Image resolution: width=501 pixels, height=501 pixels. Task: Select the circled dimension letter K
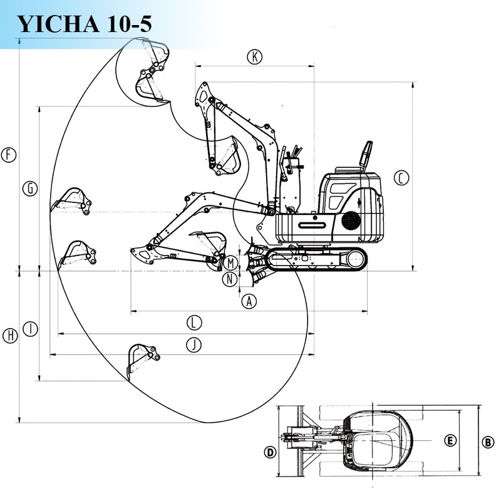[x=254, y=57]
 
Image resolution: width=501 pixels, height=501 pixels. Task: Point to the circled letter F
[x=8, y=155]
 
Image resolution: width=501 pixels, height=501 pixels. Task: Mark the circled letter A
[x=249, y=301]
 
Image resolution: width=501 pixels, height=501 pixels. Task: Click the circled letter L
[x=195, y=323]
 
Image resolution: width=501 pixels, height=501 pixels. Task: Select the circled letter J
[x=195, y=344]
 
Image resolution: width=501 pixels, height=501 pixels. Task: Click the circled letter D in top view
[x=270, y=452]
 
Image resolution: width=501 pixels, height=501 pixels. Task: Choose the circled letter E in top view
[x=450, y=440]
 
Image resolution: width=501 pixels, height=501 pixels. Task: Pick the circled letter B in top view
[x=488, y=442]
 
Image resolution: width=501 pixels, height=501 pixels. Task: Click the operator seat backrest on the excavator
[x=365, y=153]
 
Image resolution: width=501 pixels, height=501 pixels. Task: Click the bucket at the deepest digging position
[x=139, y=359]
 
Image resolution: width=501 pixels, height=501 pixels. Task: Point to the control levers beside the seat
[x=291, y=154]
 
